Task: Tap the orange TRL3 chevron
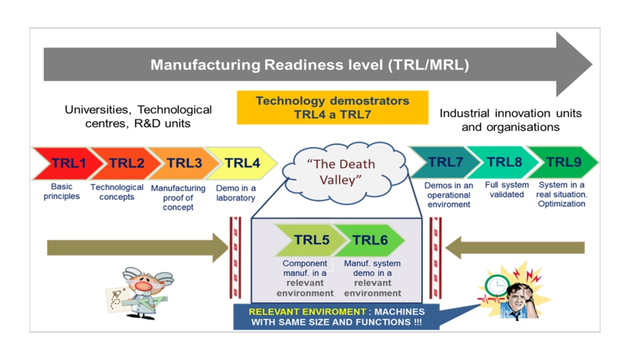[x=183, y=163]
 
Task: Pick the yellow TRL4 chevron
[x=242, y=163]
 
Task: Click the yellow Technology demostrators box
[x=332, y=107]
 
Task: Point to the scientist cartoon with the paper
[x=137, y=292]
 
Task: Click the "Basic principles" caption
[x=62, y=192]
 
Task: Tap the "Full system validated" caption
[x=507, y=190]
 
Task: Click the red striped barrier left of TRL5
[x=236, y=257]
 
